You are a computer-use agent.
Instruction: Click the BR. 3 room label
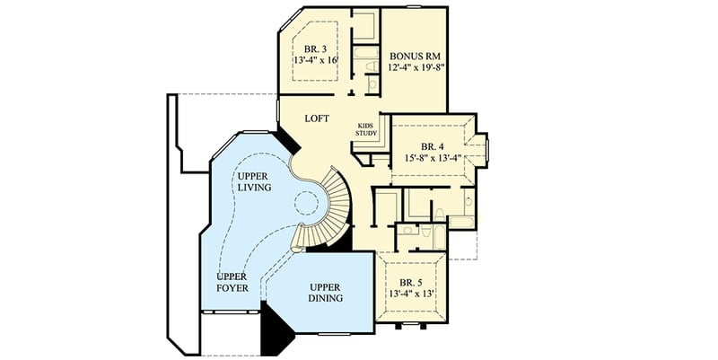(x=314, y=48)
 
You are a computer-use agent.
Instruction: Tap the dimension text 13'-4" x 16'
(x=315, y=61)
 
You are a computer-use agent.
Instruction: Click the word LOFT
(x=317, y=118)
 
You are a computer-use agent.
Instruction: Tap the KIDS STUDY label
(x=366, y=129)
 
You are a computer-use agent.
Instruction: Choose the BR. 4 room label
(x=433, y=145)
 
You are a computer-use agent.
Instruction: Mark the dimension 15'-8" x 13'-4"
(x=433, y=158)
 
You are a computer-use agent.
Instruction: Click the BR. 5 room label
(x=411, y=280)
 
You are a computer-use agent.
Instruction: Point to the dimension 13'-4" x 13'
(x=411, y=293)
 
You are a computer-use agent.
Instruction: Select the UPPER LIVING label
(x=256, y=181)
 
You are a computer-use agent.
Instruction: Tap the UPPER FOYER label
(x=231, y=283)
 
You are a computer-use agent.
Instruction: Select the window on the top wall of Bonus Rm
(x=413, y=7)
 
